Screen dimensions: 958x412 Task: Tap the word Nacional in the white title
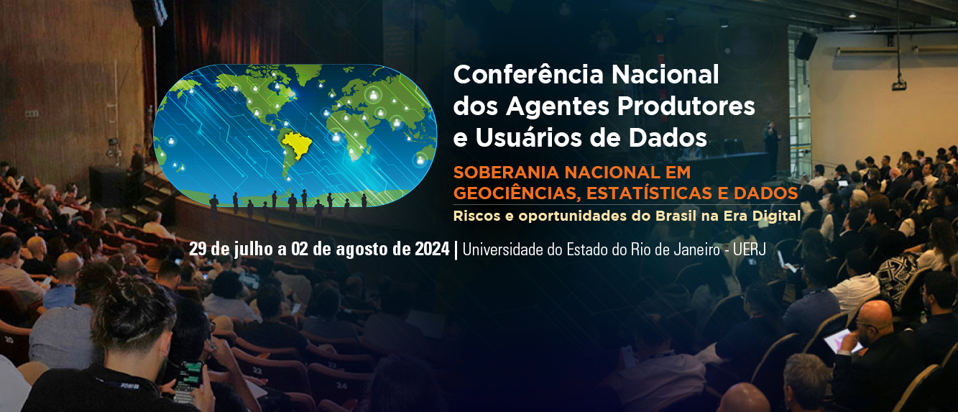[x=665, y=75]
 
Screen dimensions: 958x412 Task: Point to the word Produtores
[x=686, y=106]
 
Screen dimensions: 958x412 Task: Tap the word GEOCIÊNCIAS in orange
[x=516, y=193]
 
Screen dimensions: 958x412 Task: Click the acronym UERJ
[x=750, y=250]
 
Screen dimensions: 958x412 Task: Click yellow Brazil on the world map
[x=296, y=145]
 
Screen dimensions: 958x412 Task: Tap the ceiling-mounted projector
[x=899, y=85]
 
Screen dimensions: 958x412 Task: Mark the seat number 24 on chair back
[x=341, y=385]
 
